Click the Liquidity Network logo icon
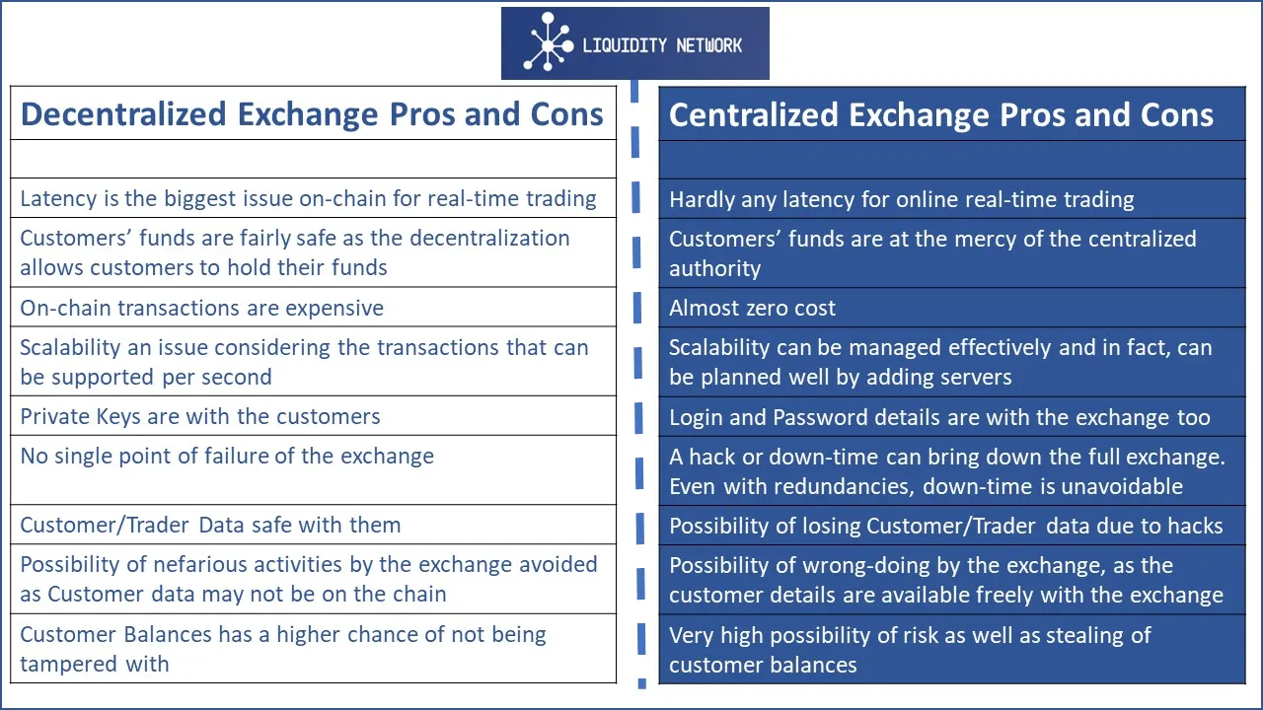point(548,42)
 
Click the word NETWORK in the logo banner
point(708,45)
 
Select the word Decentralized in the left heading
point(124,114)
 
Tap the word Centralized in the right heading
point(754,115)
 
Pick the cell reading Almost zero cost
point(952,308)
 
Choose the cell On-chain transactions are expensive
point(313,307)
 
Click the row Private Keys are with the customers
point(313,416)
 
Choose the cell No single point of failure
point(313,470)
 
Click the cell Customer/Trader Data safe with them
point(313,525)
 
